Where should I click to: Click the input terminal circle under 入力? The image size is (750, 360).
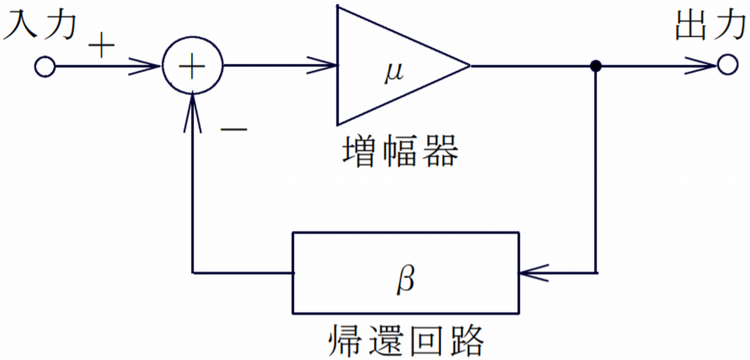(45, 67)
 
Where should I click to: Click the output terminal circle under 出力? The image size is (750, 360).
(726, 66)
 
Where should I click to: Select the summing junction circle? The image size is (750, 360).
(192, 67)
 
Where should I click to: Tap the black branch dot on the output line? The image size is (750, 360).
(596, 66)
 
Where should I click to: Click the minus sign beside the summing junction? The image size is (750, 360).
(234, 130)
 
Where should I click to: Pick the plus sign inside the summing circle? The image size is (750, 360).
(192, 67)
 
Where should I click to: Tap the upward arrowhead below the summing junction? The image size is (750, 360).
(192, 111)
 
